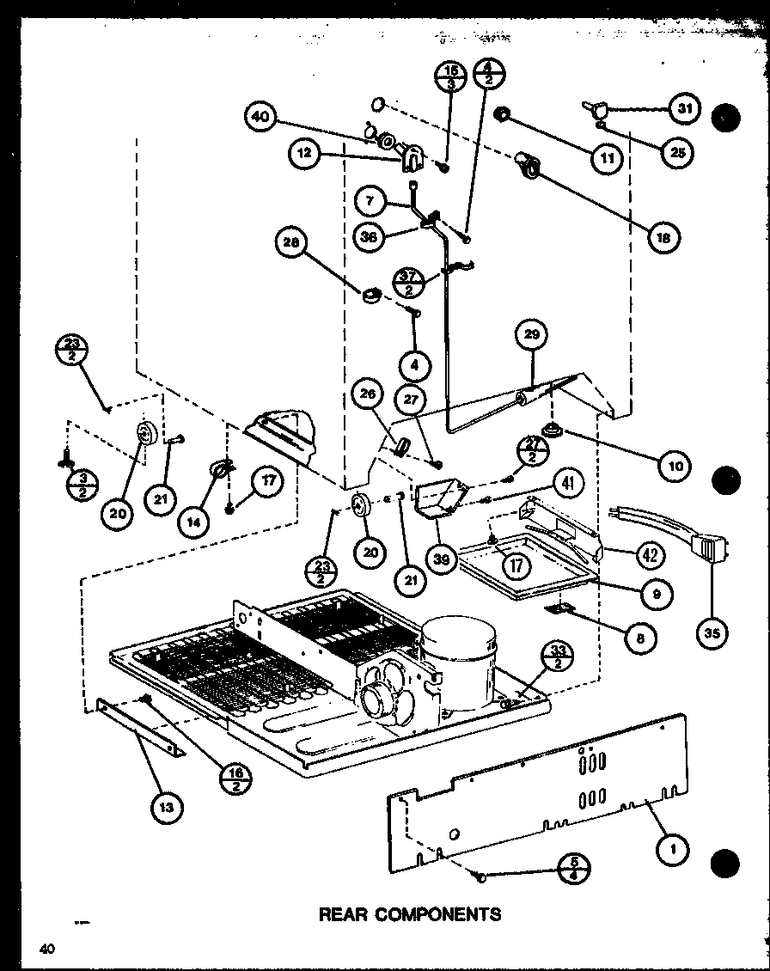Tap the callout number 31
coord(684,109)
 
